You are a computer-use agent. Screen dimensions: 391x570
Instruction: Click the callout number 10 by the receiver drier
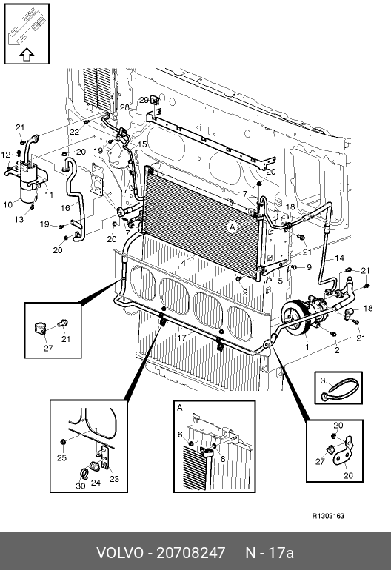(x=7, y=204)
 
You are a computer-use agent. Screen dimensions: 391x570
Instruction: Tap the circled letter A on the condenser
(x=232, y=227)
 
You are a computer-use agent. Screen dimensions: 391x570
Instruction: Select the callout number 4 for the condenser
(x=184, y=262)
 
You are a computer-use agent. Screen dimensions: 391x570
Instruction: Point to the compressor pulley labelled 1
(x=295, y=319)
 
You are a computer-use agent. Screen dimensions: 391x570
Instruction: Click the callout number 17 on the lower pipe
(x=181, y=338)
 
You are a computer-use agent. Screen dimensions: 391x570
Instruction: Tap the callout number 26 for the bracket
(x=348, y=475)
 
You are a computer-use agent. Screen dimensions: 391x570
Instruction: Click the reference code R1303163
(x=329, y=516)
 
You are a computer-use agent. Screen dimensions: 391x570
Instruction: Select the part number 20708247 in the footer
(x=191, y=552)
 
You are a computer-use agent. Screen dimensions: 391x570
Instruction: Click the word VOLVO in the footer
(x=120, y=552)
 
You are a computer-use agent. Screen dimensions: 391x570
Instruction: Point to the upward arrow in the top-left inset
(x=26, y=55)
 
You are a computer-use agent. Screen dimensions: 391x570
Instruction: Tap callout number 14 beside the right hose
(x=339, y=258)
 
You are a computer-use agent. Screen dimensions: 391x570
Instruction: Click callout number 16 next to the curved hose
(x=65, y=208)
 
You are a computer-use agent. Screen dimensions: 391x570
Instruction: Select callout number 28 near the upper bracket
(x=124, y=107)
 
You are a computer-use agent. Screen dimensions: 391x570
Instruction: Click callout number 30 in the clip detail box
(x=81, y=486)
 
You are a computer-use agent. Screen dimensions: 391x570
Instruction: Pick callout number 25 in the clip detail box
(x=61, y=457)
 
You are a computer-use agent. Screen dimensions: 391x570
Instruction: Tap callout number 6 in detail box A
(x=180, y=435)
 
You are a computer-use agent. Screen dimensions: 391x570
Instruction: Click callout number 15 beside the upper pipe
(x=142, y=144)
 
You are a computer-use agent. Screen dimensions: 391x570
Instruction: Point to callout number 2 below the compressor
(x=337, y=350)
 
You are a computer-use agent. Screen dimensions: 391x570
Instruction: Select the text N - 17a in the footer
(x=270, y=552)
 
